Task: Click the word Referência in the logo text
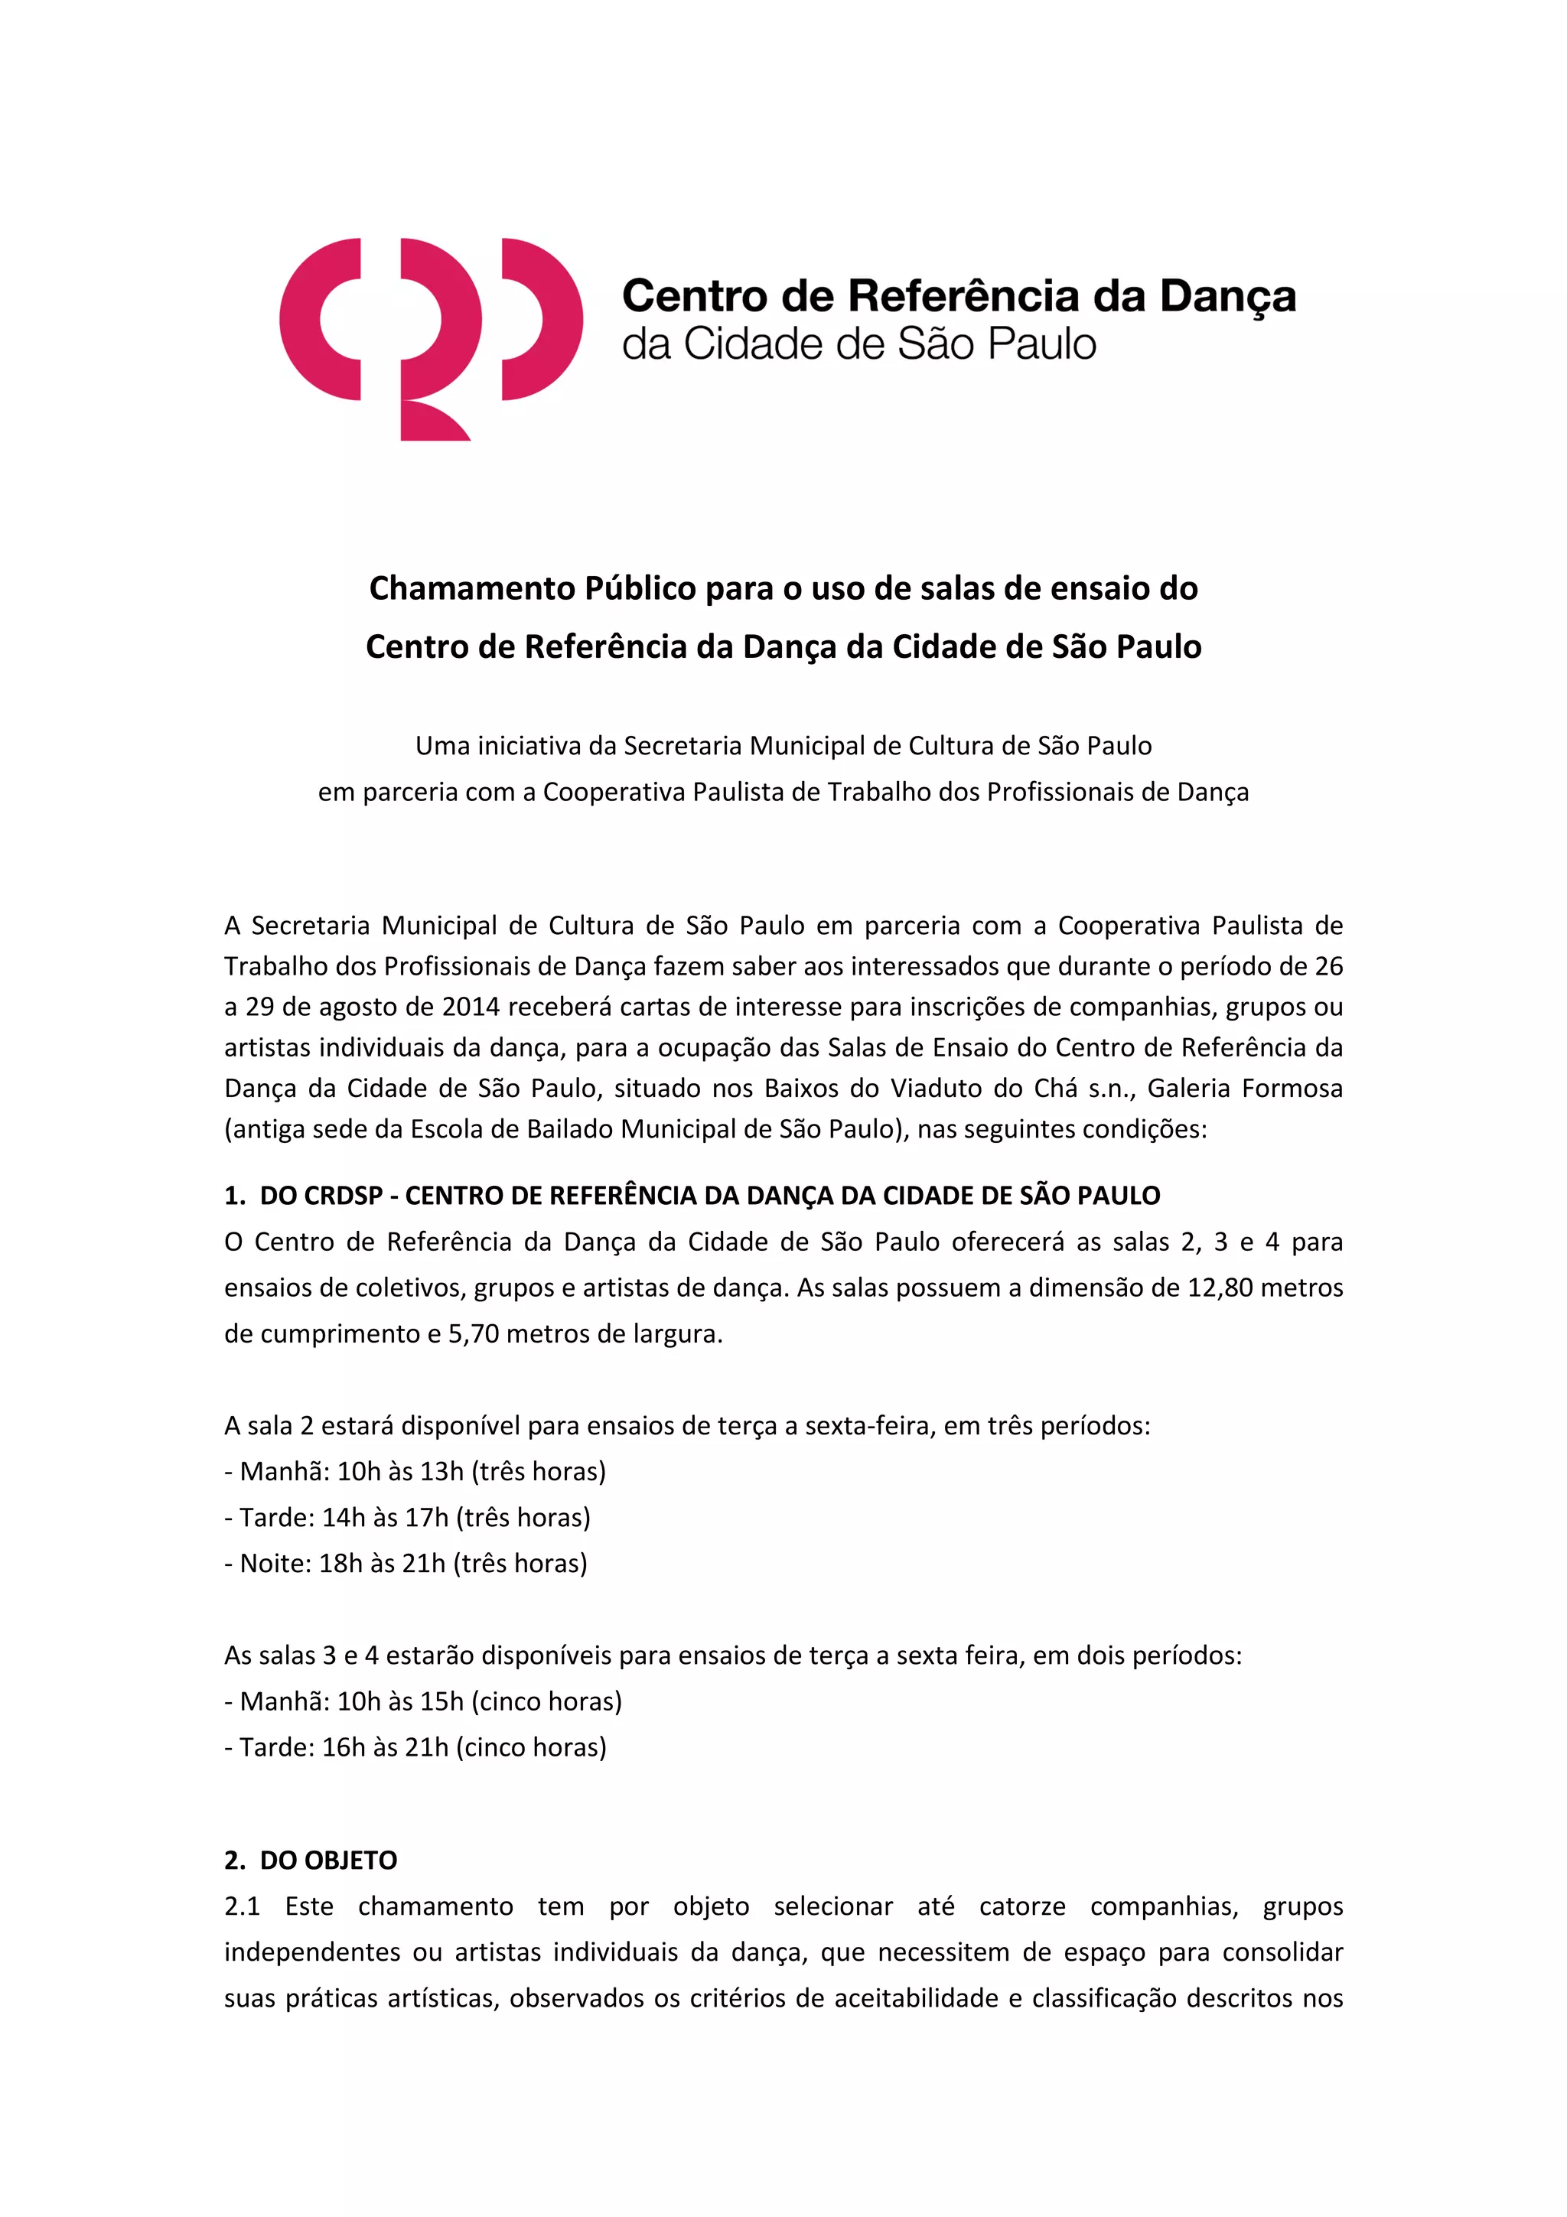[x=963, y=295]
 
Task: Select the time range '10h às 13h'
[x=399, y=1472]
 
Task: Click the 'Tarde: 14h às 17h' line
[x=406, y=1518]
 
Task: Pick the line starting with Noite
[x=406, y=1563]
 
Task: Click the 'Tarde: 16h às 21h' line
[x=415, y=1747]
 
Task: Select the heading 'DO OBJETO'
[x=328, y=1861]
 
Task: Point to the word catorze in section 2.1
[x=1021, y=1907]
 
